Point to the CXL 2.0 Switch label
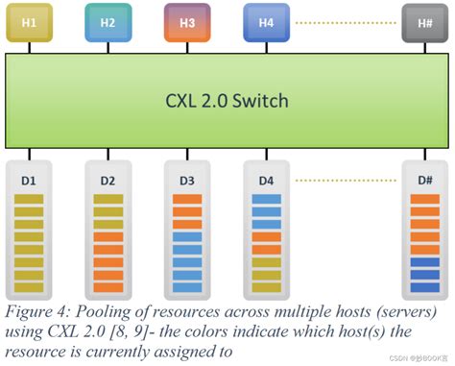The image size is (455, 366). pyautogui.click(x=227, y=100)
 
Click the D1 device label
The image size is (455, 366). pyautogui.click(x=30, y=179)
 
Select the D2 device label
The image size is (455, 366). pyautogui.click(x=108, y=179)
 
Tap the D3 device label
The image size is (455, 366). pyautogui.click(x=187, y=179)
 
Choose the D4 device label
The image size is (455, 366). pyautogui.click(x=266, y=179)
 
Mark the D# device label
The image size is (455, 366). pyautogui.click(x=423, y=179)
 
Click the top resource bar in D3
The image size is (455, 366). pyautogui.click(x=187, y=200)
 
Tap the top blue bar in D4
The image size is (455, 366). pyautogui.click(x=266, y=200)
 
